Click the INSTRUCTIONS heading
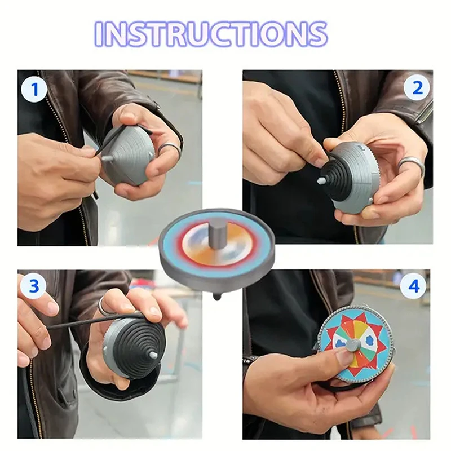211,34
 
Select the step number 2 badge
417,87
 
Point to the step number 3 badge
34,286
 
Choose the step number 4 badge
413,286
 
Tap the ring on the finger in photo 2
410,165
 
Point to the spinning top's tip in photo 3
153,355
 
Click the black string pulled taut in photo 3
85,322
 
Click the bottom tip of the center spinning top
216,297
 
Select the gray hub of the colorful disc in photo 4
352,344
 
